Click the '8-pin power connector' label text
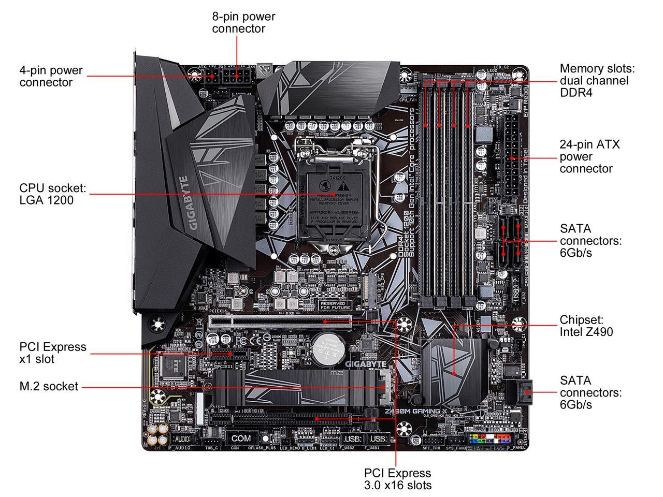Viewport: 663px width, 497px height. pos(243,23)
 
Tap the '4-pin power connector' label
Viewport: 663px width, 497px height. pos(51,76)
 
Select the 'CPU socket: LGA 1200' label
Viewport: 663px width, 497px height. pos(52,194)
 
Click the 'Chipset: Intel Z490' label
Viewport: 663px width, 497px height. pos(586,326)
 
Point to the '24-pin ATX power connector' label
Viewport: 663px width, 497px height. pos(589,156)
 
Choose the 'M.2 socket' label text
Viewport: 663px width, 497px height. pos(49,386)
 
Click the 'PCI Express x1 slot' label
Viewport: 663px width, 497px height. pos(52,353)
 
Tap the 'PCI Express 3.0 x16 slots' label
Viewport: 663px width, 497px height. pos(397,479)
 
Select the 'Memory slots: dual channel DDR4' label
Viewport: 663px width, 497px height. pos(597,80)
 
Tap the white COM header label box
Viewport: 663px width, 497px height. pos(240,438)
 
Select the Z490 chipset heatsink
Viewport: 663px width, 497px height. pos(452,368)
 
